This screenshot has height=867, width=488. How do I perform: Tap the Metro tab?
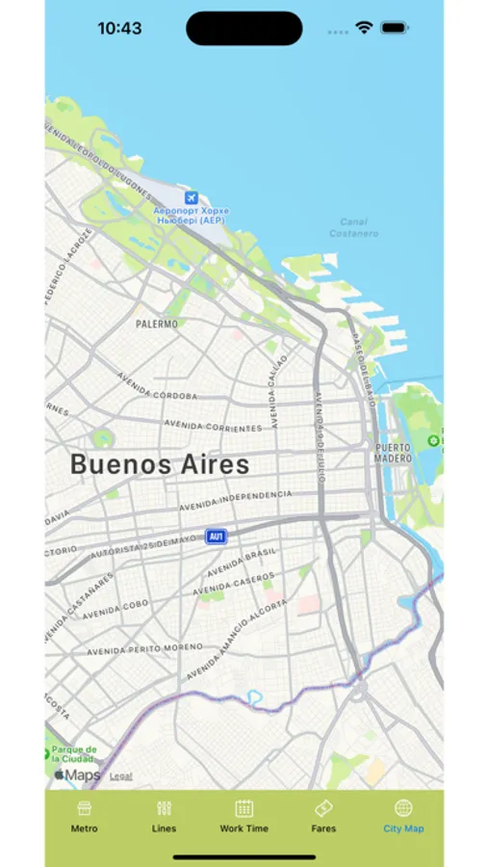(84, 815)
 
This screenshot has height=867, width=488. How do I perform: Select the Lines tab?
(164, 815)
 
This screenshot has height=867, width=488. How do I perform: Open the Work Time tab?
(244, 815)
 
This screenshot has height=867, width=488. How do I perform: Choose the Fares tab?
(323, 815)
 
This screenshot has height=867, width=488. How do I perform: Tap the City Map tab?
(403, 815)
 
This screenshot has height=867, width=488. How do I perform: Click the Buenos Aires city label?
(160, 464)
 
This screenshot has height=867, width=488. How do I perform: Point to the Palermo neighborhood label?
(157, 325)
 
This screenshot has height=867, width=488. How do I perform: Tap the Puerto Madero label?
(393, 453)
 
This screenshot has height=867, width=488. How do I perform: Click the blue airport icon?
(190, 197)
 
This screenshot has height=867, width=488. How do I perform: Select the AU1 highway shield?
(217, 537)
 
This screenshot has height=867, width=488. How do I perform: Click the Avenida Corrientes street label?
(213, 425)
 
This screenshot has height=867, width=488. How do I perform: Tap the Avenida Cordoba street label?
(157, 386)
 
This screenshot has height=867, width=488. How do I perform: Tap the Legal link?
(121, 775)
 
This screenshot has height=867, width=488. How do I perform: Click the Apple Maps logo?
(77, 775)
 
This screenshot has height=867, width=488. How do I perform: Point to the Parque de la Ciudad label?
(73, 753)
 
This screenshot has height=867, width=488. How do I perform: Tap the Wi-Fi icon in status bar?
(364, 29)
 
